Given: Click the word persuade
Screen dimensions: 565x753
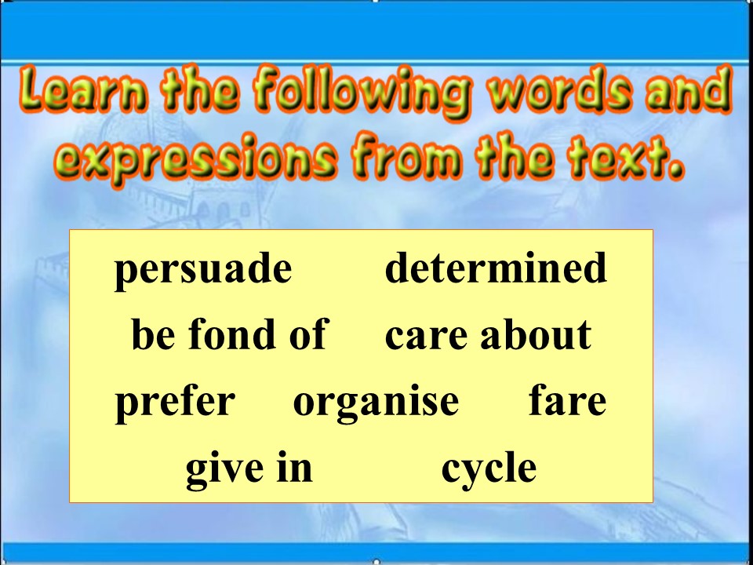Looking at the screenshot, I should point(203,270).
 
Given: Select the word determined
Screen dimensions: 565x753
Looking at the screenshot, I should point(496,268).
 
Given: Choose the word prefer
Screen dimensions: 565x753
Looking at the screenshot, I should point(175,402).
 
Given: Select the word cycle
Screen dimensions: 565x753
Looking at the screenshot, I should point(489,469).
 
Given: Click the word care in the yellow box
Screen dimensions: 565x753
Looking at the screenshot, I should point(424,336).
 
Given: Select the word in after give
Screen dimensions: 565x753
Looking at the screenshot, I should point(296,468).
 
